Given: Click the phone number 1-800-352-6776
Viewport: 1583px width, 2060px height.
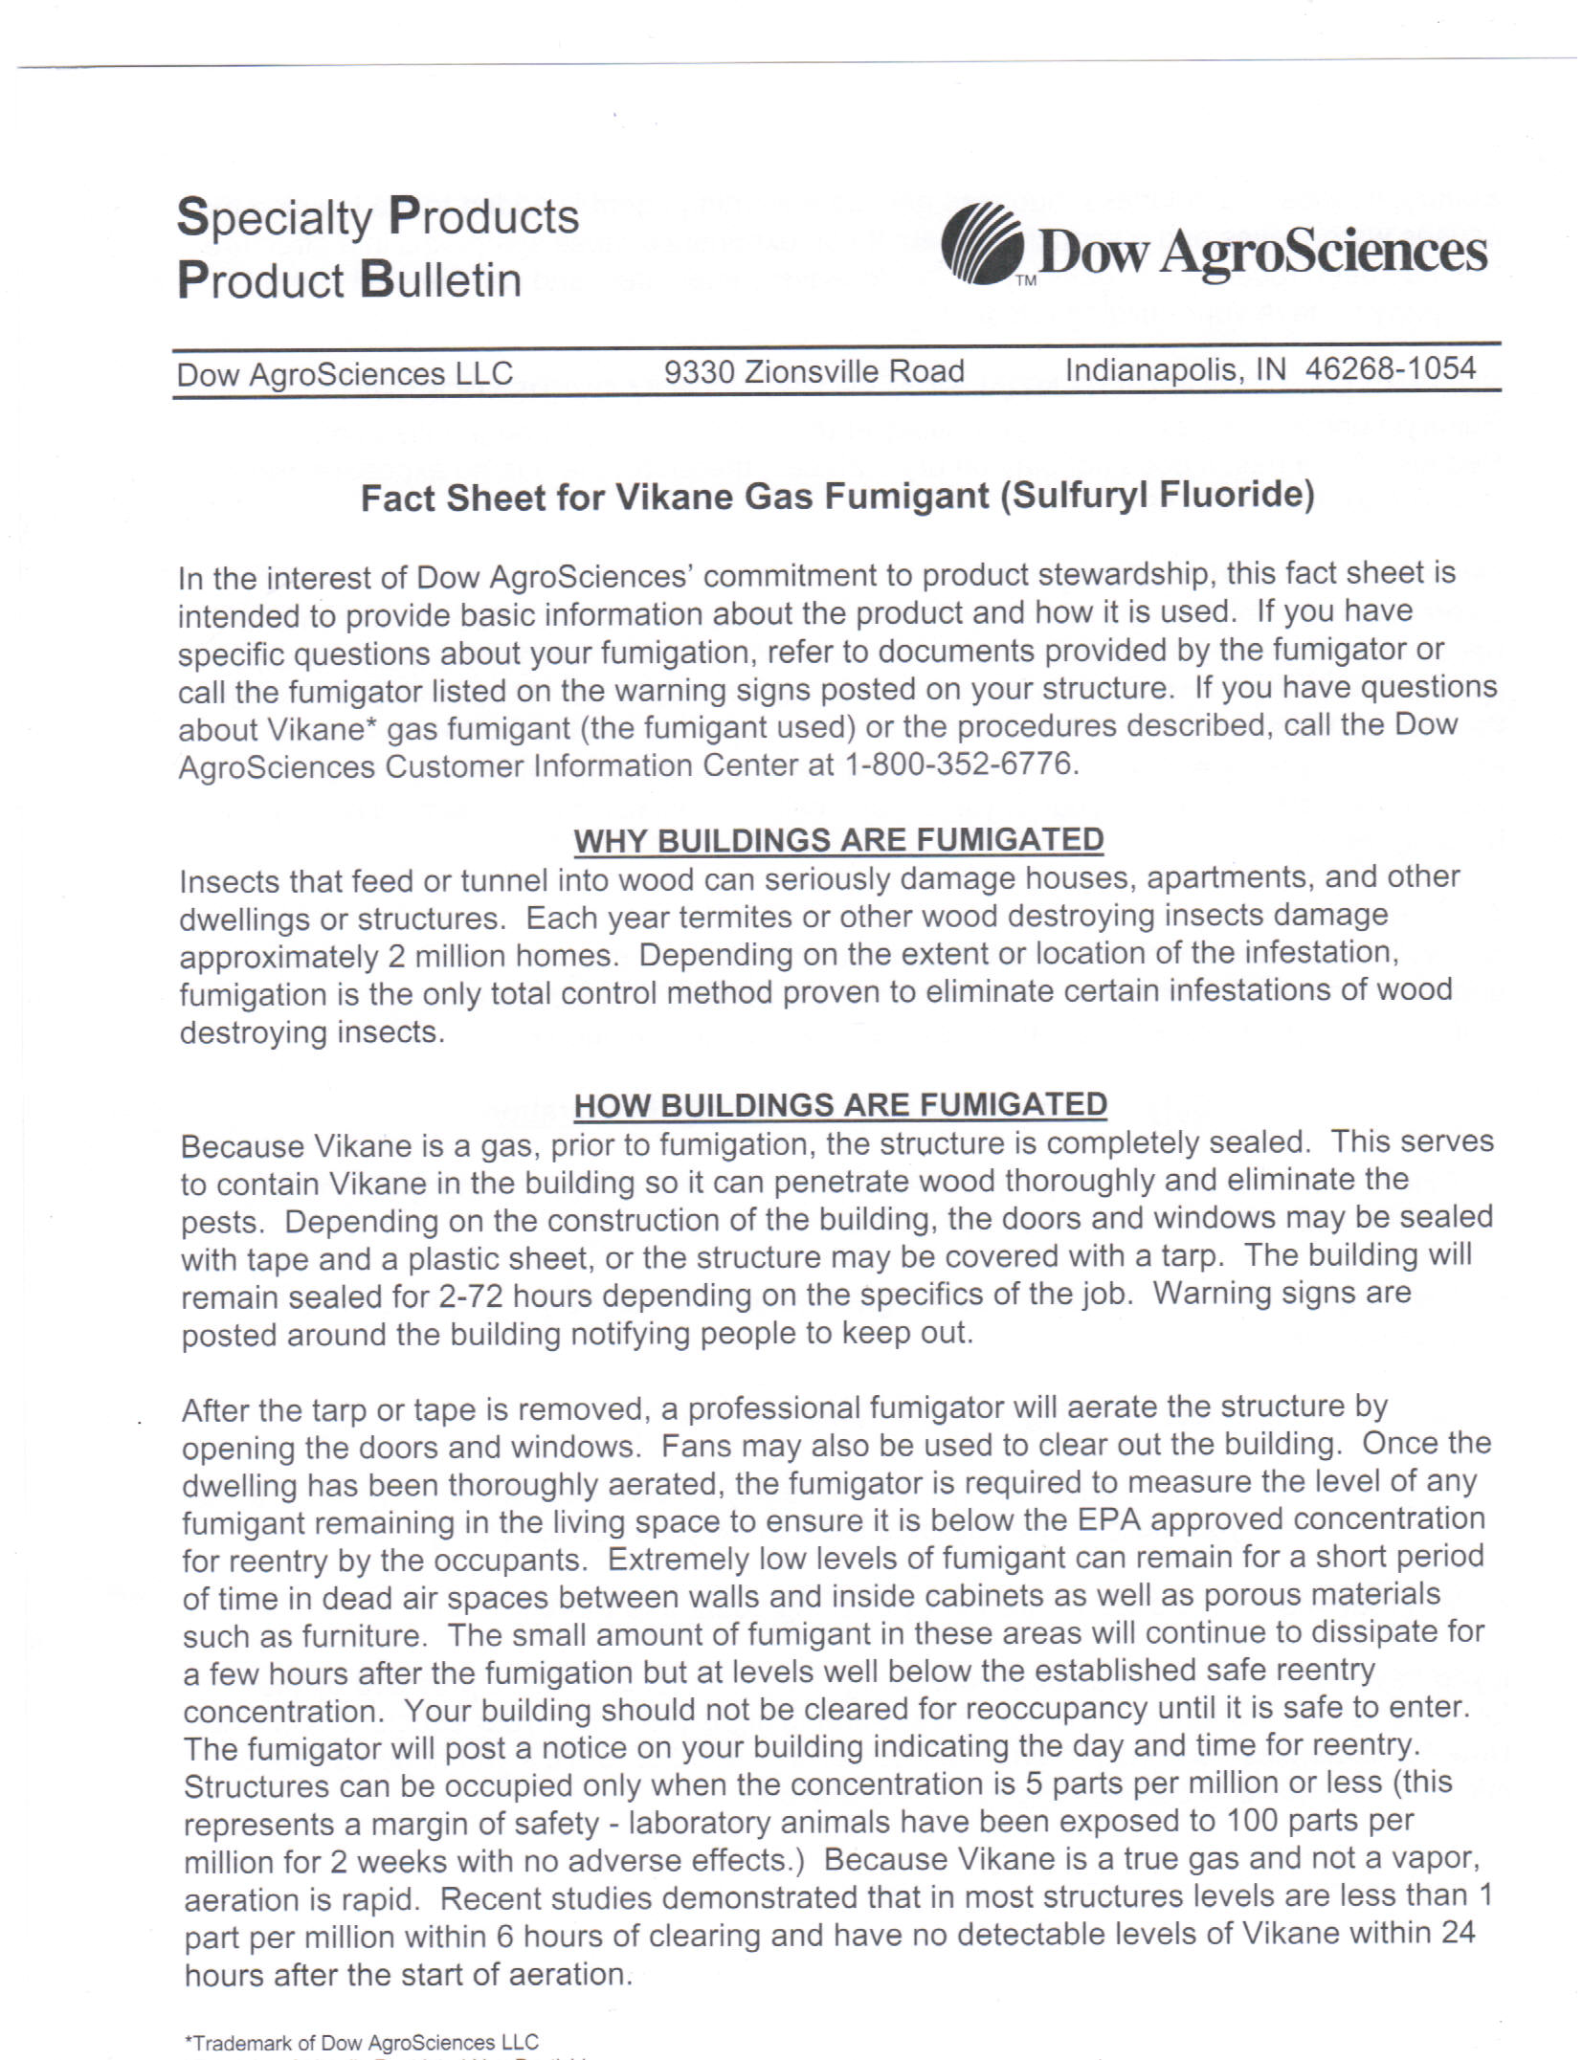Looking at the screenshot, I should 959,765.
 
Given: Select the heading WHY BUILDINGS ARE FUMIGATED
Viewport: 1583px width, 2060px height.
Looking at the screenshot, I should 838,840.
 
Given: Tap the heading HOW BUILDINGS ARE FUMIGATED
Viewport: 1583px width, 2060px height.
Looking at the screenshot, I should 840,1104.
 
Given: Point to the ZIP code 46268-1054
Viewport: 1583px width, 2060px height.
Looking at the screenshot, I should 1390,368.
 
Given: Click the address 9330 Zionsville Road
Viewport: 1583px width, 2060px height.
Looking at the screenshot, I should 814,371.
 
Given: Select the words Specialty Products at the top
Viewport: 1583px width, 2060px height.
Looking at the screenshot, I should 378,217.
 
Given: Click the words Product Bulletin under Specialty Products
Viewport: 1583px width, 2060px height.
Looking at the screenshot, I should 349,280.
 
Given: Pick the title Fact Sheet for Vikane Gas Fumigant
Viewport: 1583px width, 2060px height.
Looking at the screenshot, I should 675,498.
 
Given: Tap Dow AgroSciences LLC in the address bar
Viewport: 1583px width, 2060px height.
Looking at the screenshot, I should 346,373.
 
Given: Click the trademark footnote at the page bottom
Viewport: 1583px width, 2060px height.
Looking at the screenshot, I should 365,2042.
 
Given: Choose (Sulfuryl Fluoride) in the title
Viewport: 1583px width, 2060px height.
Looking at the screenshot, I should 1157,495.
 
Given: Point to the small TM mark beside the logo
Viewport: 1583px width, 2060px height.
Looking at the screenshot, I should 1025,281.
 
